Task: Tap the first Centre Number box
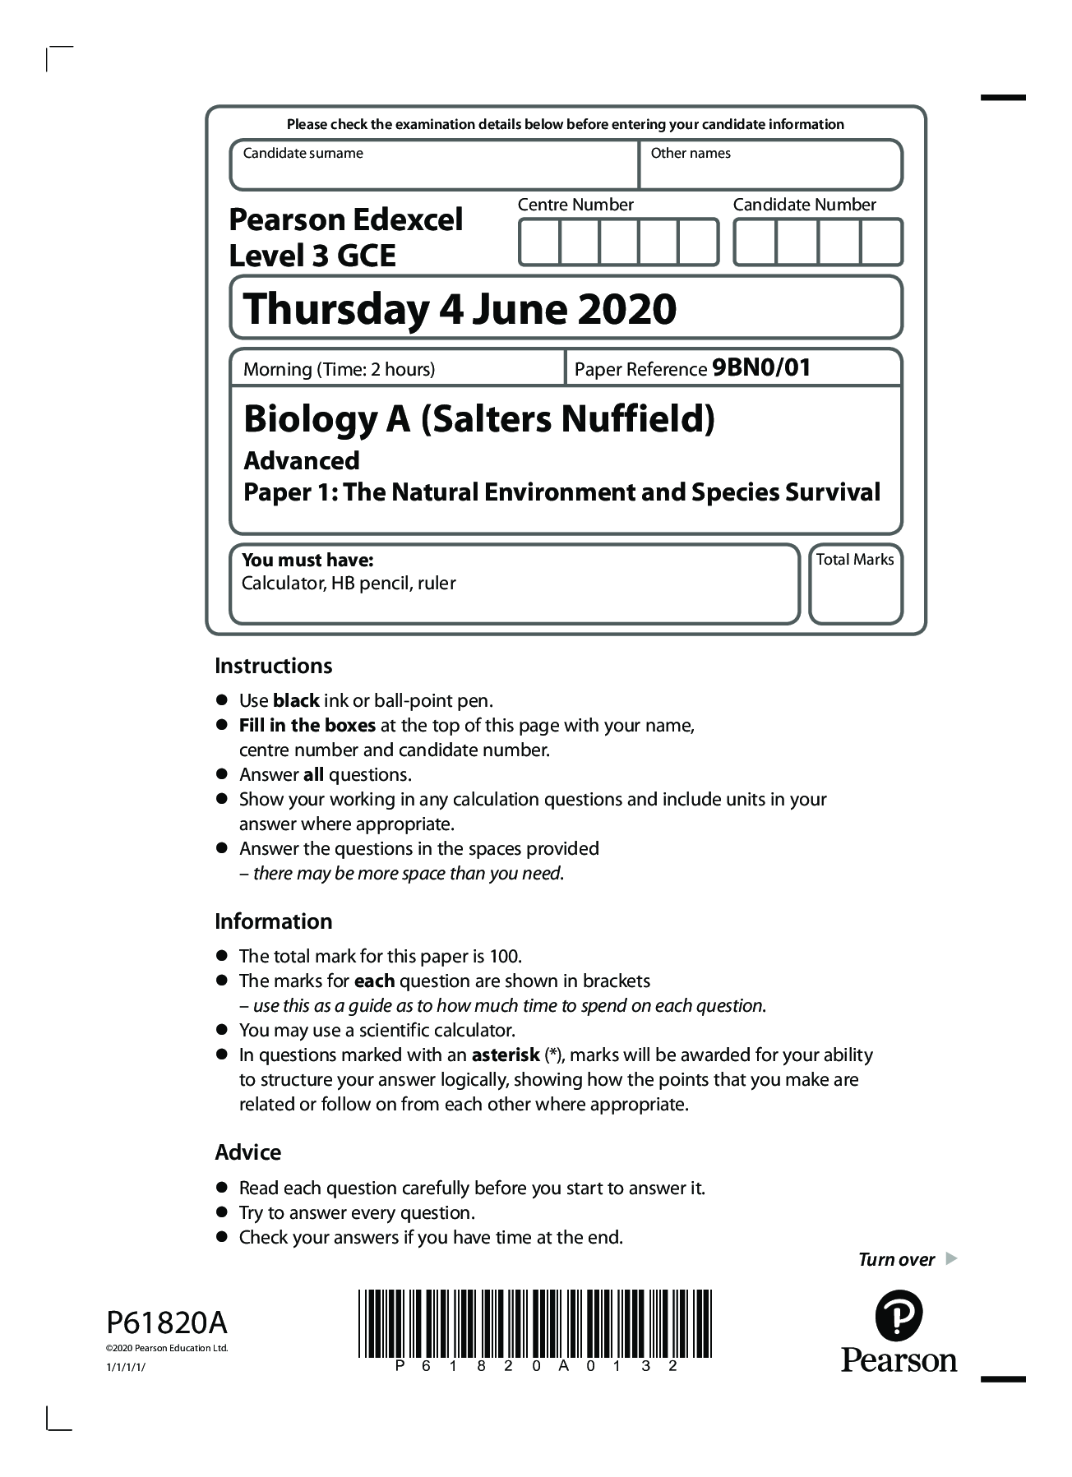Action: click(539, 242)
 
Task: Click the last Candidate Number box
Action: click(881, 242)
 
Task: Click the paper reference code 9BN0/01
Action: click(761, 367)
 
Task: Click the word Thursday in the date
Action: click(336, 309)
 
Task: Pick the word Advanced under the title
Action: click(302, 460)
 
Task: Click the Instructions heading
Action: click(273, 666)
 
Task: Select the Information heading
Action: click(273, 921)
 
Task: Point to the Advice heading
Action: click(247, 1152)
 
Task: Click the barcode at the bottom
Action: click(535, 1324)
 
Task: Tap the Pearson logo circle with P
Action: click(899, 1316)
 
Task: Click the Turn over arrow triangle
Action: click(951, 1258)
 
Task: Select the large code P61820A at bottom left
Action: click(167, 1323)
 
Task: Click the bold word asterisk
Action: click(505, 1055)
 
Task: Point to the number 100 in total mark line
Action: click(504, 956)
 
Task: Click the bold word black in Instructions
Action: click(296, 700)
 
